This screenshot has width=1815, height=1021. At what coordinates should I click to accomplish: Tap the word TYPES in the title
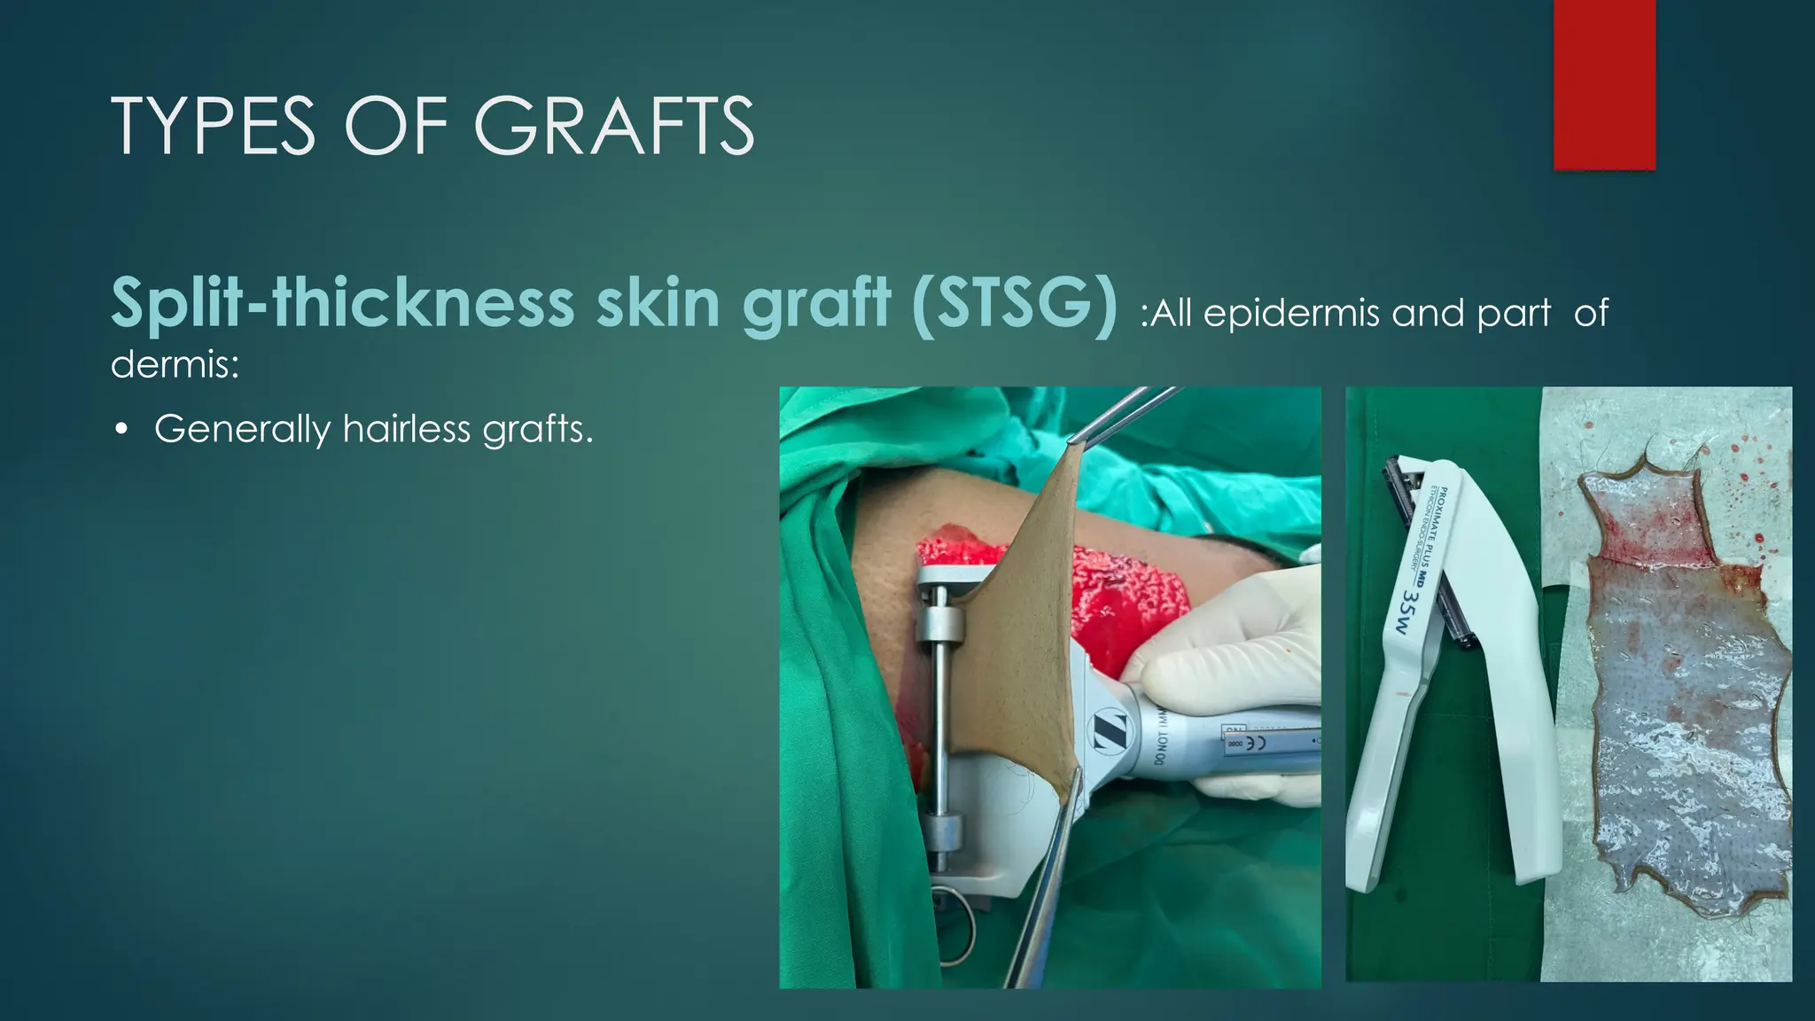pyautogui.click(x=213, y=126)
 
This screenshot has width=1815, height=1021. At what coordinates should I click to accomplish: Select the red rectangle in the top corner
pyautogui.click(x=1604, y=85)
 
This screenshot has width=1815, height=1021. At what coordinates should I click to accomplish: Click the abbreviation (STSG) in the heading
pyautogui.click(x=1014, y=303)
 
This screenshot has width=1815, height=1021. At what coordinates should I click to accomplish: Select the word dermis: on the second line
pyautogui.click(x=175, y=363)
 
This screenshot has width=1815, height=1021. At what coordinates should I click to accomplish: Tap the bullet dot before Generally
pyautogui.click(x=121, y=431)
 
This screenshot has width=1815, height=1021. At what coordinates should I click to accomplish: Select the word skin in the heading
pyautogui.click(x=658, y=303)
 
